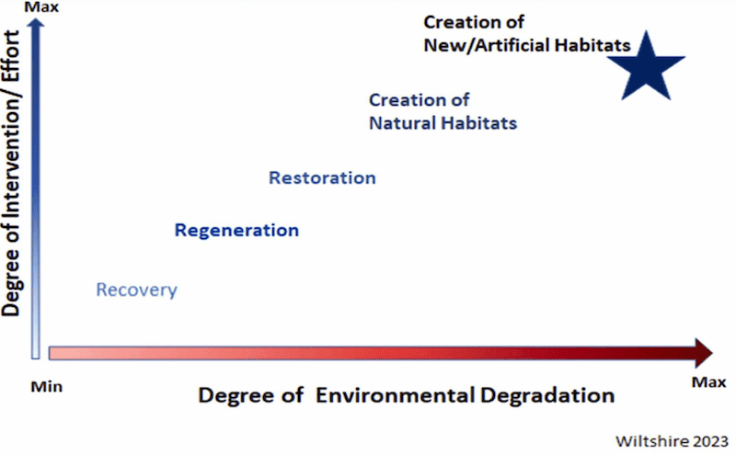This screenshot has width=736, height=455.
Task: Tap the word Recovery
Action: point(136,290)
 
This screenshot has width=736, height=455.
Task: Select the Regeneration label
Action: point(236,231)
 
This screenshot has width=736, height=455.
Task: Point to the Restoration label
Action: point(322,177)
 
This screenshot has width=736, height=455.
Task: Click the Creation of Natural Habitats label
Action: point(443,111)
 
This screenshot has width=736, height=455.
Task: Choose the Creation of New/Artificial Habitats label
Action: point(527,34)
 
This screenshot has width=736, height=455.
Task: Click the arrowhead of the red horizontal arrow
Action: point(704,353)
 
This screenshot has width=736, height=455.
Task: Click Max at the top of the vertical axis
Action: point(41,7)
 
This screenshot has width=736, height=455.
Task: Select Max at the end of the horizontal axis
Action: point(708,382)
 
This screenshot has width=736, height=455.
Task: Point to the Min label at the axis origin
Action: point(47,387)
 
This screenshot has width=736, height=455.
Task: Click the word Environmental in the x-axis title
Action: point(396,395)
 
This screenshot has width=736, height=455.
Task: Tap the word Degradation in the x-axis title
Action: point(547,395)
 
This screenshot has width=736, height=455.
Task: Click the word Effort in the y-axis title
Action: point(10,56)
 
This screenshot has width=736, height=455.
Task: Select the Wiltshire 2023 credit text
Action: point(672,441)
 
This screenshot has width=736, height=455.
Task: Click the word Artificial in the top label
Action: point(512,46)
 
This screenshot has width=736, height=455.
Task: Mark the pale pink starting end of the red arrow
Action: point(51,353)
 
